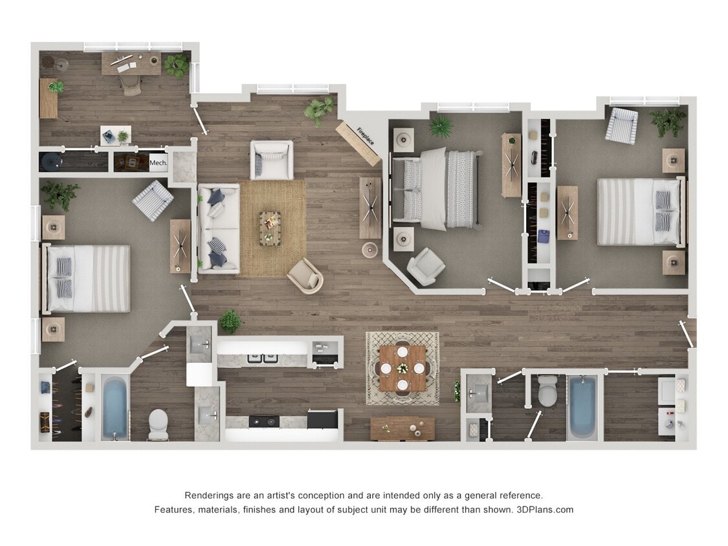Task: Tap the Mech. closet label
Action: [159, 163]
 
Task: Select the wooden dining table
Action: [403, 368]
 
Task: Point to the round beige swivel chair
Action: [305, 276]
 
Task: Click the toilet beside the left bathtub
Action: [159, 424]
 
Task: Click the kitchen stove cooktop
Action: [264, 421]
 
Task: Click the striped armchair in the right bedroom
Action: [621, 125]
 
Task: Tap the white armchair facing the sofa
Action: [272, 160]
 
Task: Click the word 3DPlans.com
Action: [545, 509]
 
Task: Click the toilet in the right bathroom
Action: [547, 391]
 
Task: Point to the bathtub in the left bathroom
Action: [115, 406]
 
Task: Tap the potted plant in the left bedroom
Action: [60, 193]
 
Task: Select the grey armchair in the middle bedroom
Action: [426, 266]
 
